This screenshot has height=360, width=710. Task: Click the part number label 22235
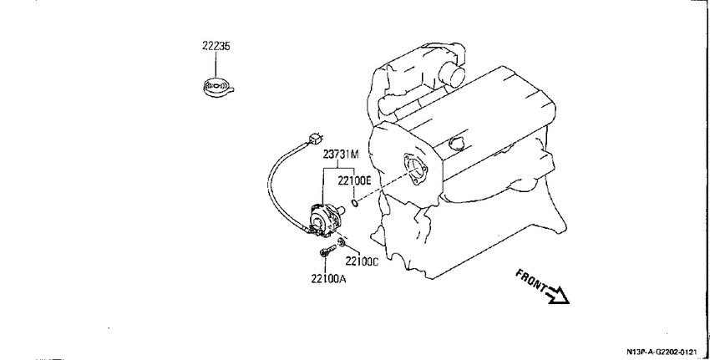click(216, 46)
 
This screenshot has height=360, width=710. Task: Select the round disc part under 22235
click(218, 87)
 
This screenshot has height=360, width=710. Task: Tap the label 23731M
click(341, 155)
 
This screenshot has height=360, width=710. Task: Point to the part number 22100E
click(354, 181)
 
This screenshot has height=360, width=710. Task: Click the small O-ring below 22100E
click(355, 202)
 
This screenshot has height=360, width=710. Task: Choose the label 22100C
click(362, 261)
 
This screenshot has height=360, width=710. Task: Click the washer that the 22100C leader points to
click(342, 244)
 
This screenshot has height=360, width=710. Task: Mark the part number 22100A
click(328, 279)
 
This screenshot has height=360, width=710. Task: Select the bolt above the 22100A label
click(327, 251)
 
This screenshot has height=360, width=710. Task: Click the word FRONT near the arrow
click(530, 281)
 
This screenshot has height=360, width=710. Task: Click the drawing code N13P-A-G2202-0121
click(662, 352)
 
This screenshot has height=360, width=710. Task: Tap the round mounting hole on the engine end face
click(415, 170)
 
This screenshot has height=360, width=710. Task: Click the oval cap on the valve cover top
click(456, 143)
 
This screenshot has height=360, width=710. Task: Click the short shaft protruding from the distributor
click(341, 210)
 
